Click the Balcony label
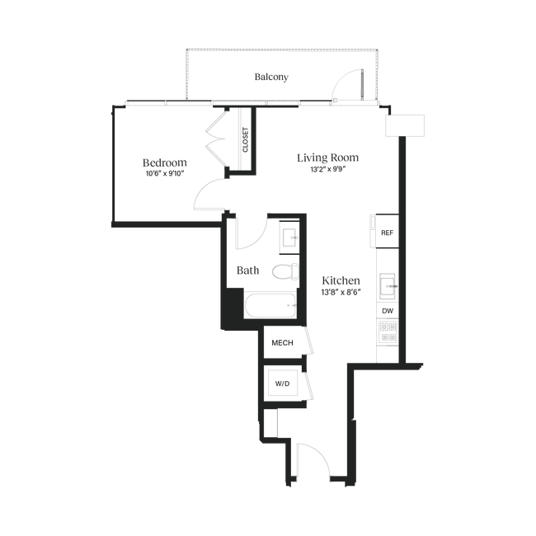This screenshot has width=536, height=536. [271, 77]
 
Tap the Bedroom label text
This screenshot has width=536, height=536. [165, 162]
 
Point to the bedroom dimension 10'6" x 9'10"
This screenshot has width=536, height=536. [165, 174]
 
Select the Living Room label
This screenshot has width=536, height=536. [328, 158]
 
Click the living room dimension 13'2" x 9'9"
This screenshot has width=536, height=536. [328, 169]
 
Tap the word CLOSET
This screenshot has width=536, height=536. [245, 140]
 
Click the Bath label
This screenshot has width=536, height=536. [248, 270]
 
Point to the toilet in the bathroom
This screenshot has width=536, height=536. [285, 271]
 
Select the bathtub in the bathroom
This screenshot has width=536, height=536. [270, 305]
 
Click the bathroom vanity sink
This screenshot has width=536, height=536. [290, 237]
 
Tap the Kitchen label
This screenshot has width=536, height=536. [341, 280]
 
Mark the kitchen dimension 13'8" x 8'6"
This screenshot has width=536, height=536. [341, 293]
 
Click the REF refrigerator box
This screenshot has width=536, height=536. [387, 231]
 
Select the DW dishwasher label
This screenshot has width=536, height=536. [388, 311]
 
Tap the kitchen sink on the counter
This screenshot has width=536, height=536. [388, 286]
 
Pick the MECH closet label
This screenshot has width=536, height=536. [282, 343]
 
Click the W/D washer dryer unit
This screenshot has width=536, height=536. [282, 383]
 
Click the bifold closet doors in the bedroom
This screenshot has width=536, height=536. [216, 139]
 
